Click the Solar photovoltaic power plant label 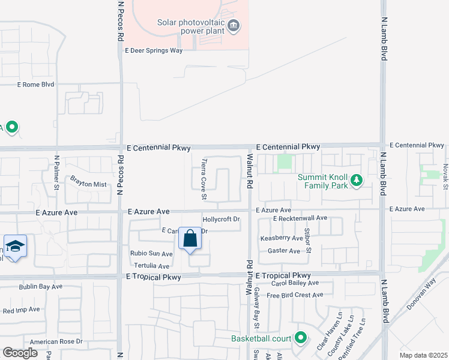(191, 26)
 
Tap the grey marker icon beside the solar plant (234, 26)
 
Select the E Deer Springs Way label (154, 51)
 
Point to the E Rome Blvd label (36, 85)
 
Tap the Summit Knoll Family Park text (324, 182)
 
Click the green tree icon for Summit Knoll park (357, 180)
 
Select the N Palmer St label (57, 172)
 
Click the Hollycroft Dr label (221, 220)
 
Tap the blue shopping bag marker (190, 239)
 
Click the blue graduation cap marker (15, 246)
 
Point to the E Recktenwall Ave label (300, 218)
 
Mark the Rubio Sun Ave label (151, 254)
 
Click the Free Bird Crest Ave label (295, 295)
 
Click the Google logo (20, 353)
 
